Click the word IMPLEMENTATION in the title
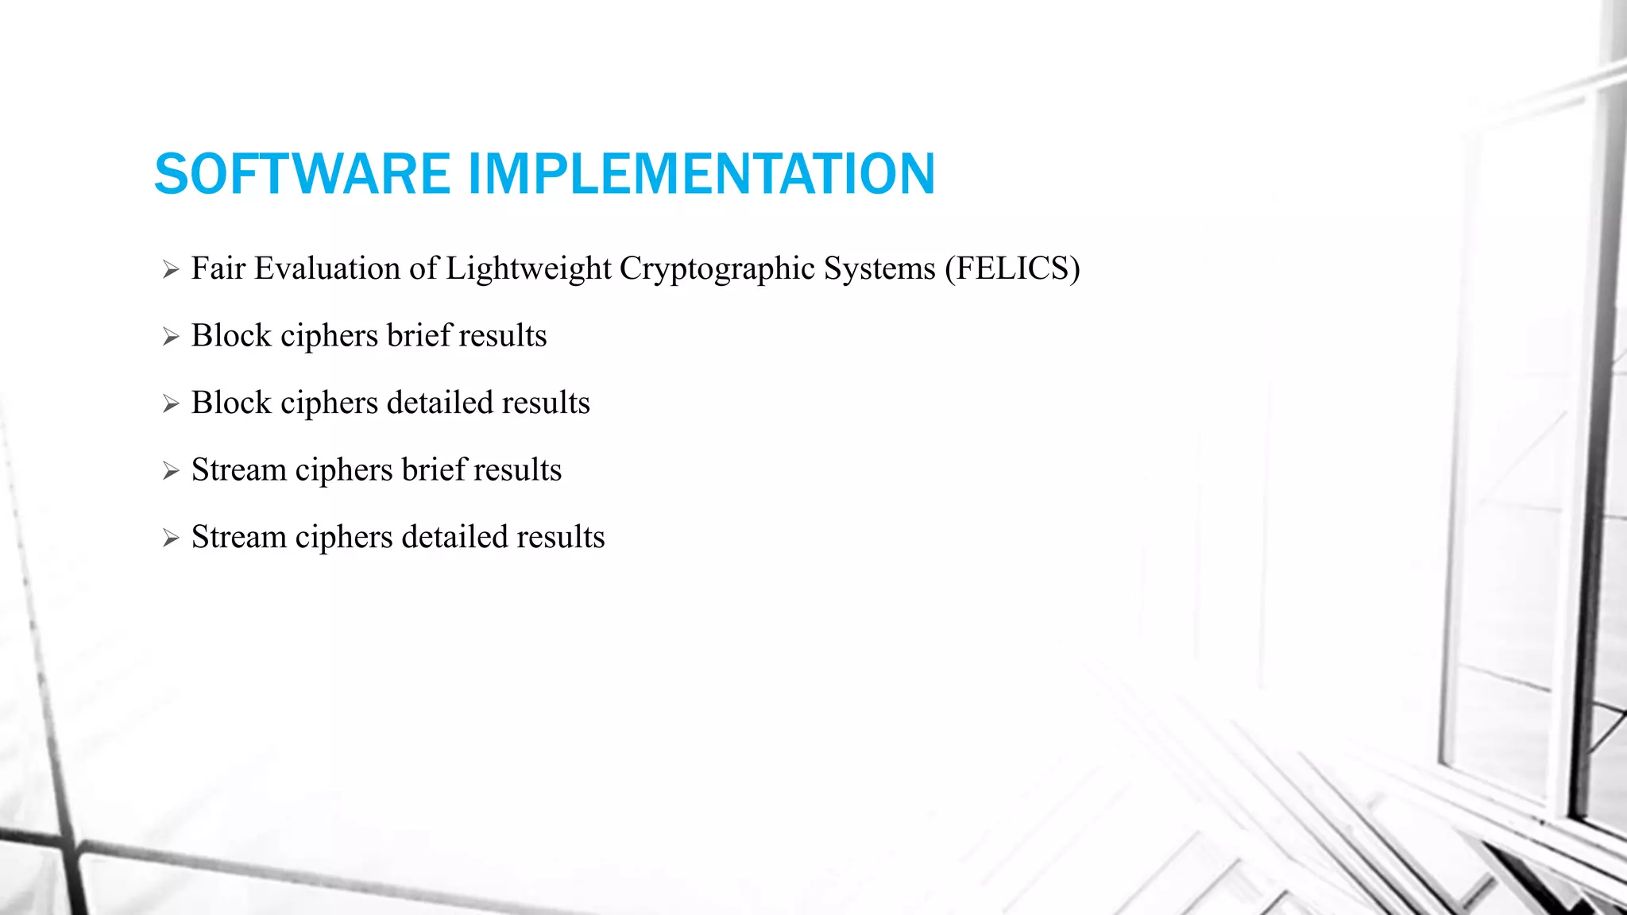click(701, 174)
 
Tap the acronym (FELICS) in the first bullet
click(1012, 268)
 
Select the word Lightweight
click(528, 268)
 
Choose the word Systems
click(879, 268)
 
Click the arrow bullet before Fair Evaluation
click(171, 270)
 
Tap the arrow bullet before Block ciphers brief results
click(171, 337)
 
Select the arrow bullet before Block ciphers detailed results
click(171, 404)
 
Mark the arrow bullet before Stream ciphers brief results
click(171, 471)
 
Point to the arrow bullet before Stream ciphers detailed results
click(171, 539)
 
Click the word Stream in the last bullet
click(239, 537)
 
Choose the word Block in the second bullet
click(232, 335)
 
